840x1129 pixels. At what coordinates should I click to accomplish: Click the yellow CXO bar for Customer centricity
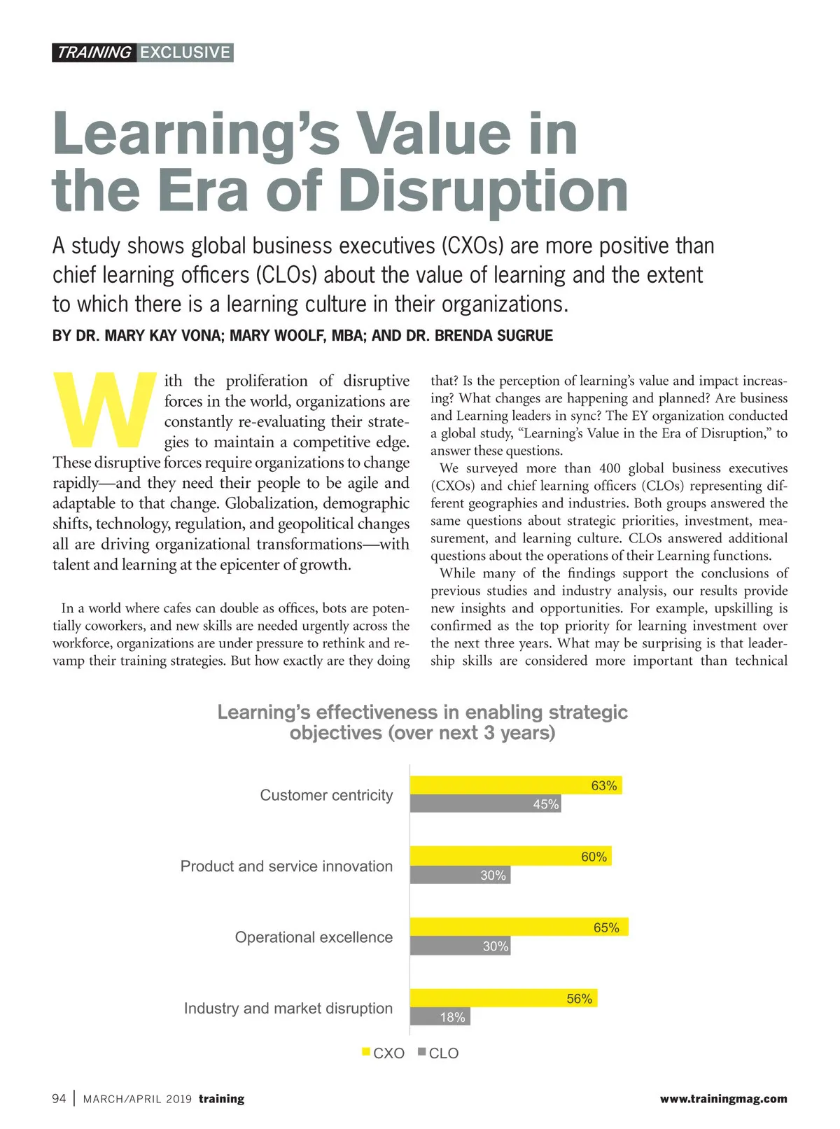click(515, 785)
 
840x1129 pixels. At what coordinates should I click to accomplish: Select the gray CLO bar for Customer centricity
click(485, 804)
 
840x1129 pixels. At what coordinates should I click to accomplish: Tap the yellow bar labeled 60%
click(510, 856)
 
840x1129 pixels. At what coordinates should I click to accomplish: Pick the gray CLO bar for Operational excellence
click(460, 946)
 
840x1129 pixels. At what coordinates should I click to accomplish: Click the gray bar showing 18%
click(440, 1017)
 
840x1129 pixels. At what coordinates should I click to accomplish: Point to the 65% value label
click(606, 927)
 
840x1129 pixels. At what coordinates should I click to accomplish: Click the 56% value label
click(579, 999)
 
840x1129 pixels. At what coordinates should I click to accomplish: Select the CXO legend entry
click(383, 1053)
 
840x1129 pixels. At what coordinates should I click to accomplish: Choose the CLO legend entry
click(438, 1053)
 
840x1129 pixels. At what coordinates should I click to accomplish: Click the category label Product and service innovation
click(286, 866)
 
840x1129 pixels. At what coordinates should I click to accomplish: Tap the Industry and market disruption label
click(288, 1008)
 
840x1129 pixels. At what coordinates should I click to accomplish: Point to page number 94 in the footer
click(59, 1098)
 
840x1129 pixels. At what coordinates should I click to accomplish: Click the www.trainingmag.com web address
click(723, 1099)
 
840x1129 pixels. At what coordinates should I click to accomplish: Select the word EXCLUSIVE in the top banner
click(185, 52)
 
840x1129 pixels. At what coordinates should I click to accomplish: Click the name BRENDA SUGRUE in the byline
click(493, 335)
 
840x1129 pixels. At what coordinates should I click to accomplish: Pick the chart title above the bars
click(422, 722)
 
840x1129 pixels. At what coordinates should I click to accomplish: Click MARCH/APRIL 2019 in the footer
click(137, 1099)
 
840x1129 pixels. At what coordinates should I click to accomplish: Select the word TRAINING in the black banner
click(94, 52)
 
